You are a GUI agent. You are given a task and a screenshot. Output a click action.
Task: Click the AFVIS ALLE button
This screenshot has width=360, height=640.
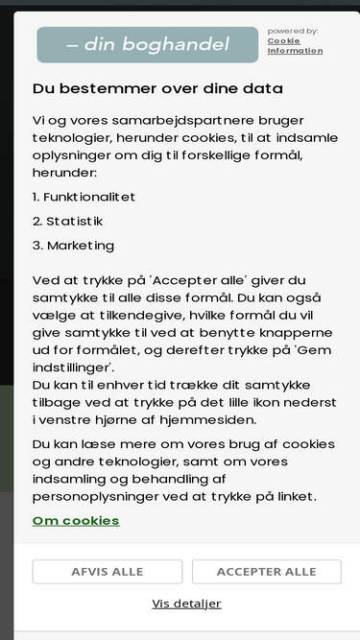107,572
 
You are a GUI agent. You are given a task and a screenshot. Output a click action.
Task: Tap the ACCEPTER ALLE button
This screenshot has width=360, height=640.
266,572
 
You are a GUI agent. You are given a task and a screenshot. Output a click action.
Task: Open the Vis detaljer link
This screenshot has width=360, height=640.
186,604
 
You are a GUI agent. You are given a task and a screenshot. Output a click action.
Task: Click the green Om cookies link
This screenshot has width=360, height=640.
76,521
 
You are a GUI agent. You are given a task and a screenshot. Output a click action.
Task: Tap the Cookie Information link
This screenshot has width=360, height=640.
295,46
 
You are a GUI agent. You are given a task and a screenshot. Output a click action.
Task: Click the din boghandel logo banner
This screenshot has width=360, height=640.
148,45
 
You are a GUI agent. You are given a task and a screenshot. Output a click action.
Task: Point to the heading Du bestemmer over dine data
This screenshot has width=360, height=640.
157,88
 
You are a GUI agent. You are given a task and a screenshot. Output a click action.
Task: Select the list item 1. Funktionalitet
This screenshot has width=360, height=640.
84,197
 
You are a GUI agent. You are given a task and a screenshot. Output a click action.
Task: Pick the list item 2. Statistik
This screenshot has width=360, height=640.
67,221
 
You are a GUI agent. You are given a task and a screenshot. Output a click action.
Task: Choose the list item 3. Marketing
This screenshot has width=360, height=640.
73,246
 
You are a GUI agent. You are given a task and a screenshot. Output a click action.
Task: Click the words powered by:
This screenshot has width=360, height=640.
292,31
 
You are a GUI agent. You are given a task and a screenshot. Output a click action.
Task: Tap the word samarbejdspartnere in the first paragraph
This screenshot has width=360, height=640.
155,120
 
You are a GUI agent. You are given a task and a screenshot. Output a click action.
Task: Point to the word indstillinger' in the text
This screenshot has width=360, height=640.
74,367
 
